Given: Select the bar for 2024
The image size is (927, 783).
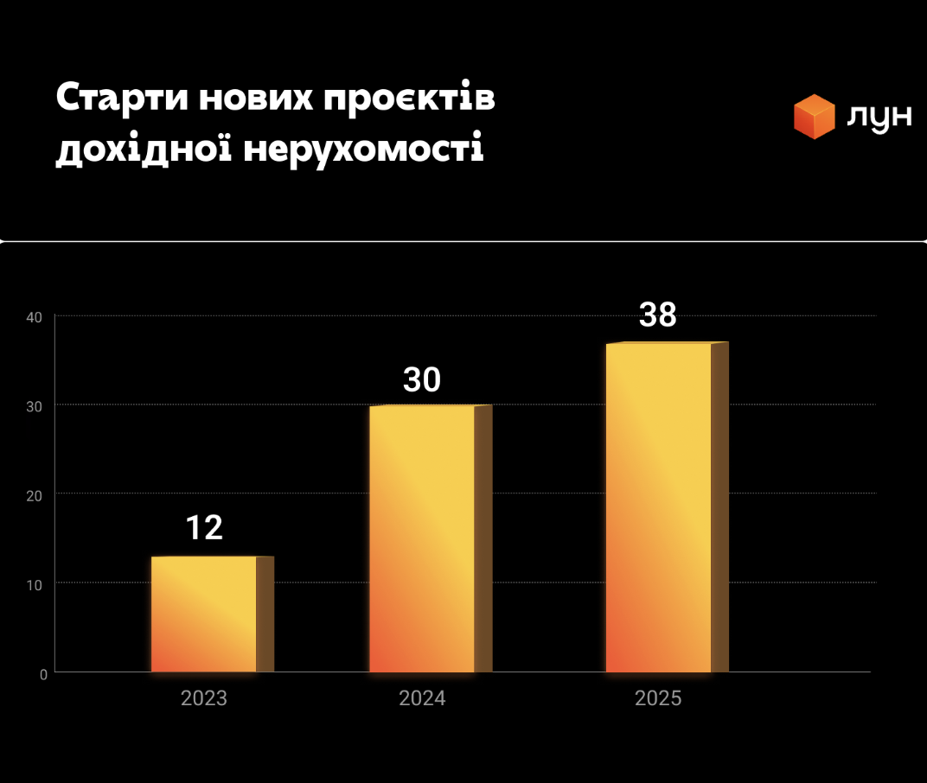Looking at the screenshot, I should coord(423,538).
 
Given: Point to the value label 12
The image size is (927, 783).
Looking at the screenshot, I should coord(205,528).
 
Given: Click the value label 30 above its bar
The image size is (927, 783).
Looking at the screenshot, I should coord(422,380).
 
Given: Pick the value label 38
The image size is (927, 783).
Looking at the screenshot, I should coord(658,315).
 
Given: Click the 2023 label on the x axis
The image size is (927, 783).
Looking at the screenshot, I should coord(204,698).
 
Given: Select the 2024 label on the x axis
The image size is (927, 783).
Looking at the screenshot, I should coord(422,698).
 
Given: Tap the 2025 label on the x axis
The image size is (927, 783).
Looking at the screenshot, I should coord(658,698).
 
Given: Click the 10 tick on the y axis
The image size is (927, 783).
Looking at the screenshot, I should coord(37,584).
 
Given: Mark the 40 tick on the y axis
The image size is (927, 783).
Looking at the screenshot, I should coord(35,318).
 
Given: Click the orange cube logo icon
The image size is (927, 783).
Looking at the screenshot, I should coord(815,117).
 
